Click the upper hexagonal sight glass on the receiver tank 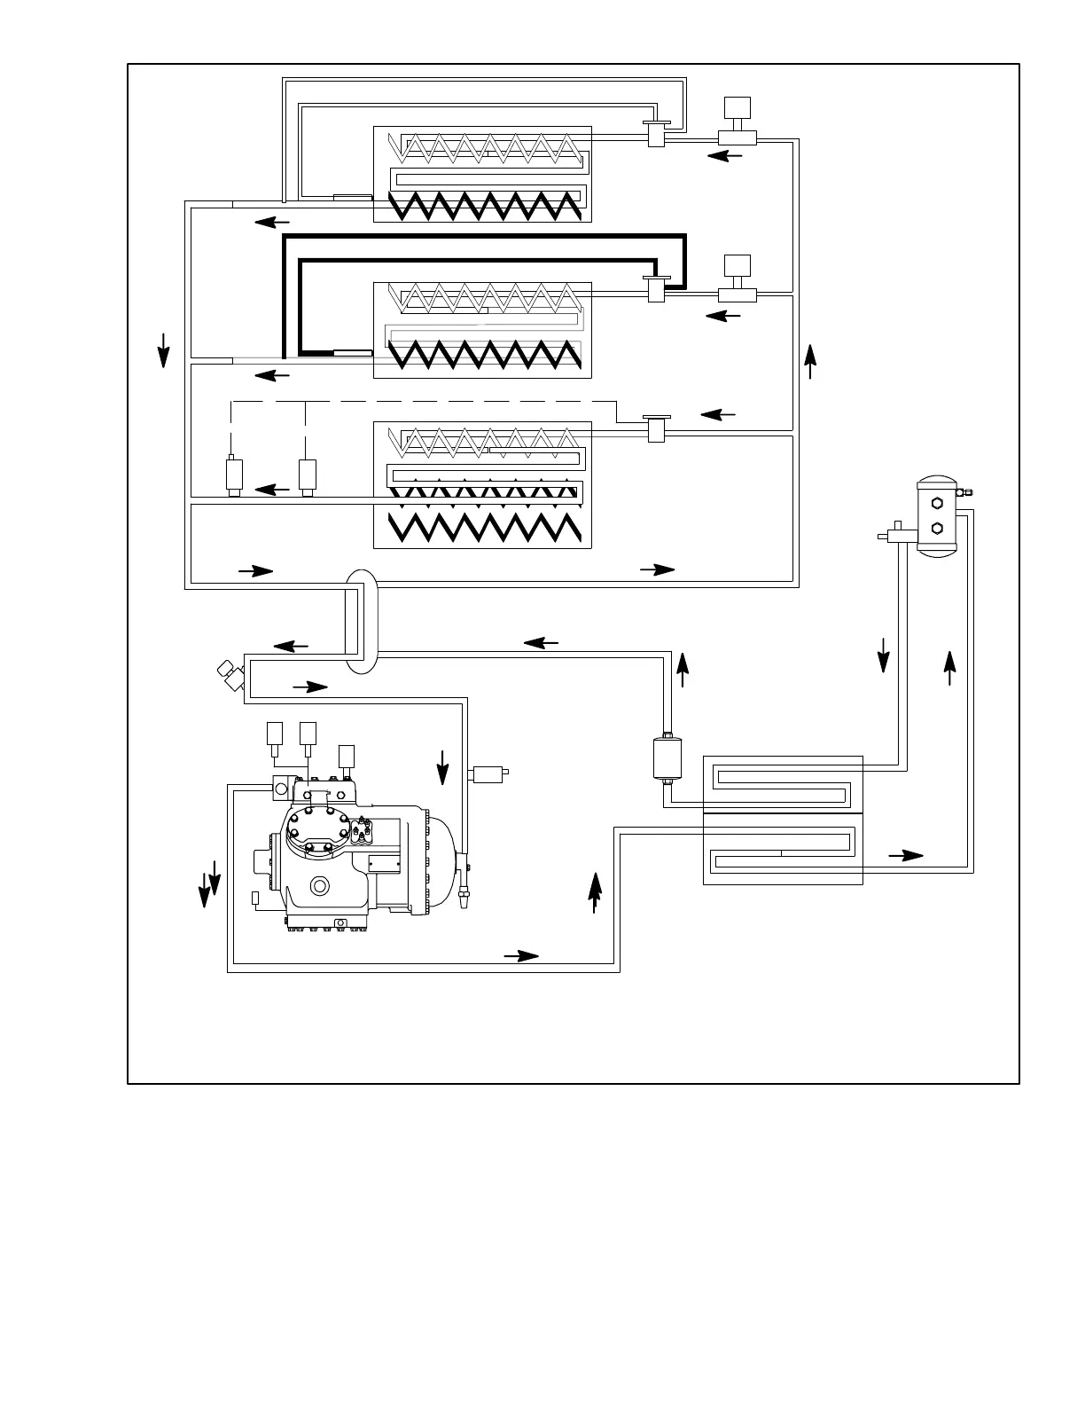937,503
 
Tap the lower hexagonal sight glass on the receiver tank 937,529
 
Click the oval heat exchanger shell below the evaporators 361,621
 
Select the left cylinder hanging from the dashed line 235,475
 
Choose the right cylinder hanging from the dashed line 308,475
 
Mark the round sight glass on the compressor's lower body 319,886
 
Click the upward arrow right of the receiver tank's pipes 950,668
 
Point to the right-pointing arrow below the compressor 521,955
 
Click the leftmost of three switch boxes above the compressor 274,733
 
